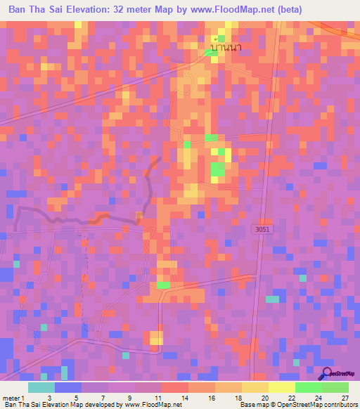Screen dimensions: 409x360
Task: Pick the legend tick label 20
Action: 264,398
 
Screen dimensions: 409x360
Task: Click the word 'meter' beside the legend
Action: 12,398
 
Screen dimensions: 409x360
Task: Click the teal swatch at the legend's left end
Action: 41,387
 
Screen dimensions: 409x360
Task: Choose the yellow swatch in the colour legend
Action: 281,387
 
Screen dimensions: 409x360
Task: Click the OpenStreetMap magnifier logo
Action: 326,373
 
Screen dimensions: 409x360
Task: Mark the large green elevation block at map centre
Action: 218,169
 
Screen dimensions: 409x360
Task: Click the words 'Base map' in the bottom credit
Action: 255,405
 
